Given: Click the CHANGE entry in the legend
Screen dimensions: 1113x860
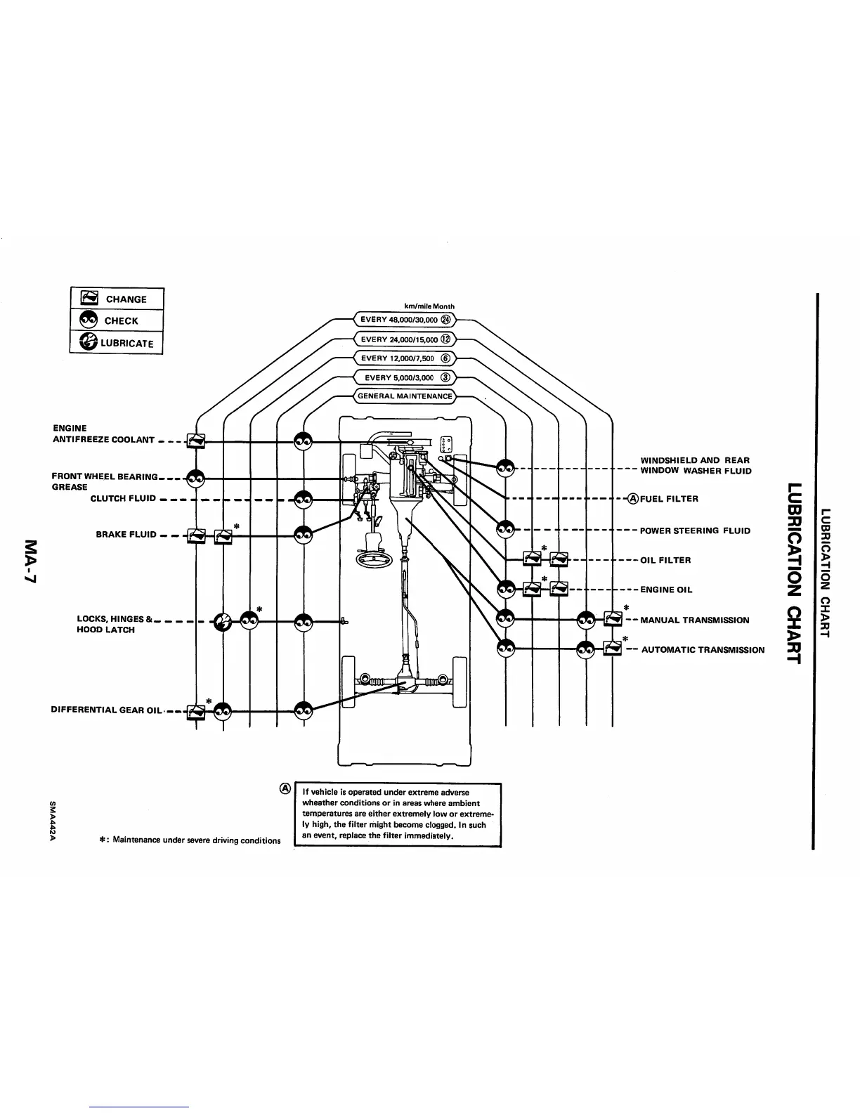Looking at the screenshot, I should click(117, 299).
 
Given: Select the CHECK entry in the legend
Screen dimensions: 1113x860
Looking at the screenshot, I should click(117, 320).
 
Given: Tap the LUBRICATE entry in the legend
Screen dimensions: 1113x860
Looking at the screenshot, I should click(117, 342).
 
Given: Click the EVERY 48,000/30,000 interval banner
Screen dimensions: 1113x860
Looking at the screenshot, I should click(405, 319).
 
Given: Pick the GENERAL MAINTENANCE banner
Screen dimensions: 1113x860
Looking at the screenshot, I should click(405, 396).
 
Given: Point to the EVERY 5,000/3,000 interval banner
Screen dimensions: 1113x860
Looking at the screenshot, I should click(405, 377).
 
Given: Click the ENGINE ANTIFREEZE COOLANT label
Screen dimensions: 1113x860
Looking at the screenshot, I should click(103, 434).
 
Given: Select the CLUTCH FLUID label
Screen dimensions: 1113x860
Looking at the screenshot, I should click(123, 499).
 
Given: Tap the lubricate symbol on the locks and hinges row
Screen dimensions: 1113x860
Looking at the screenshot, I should click(222, 622).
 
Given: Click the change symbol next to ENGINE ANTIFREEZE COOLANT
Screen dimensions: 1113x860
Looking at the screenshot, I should click(195, 441).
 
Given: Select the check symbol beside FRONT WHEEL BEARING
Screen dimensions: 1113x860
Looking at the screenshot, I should click(195, 478).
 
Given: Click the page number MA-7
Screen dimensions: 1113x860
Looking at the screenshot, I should click(32, 560).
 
